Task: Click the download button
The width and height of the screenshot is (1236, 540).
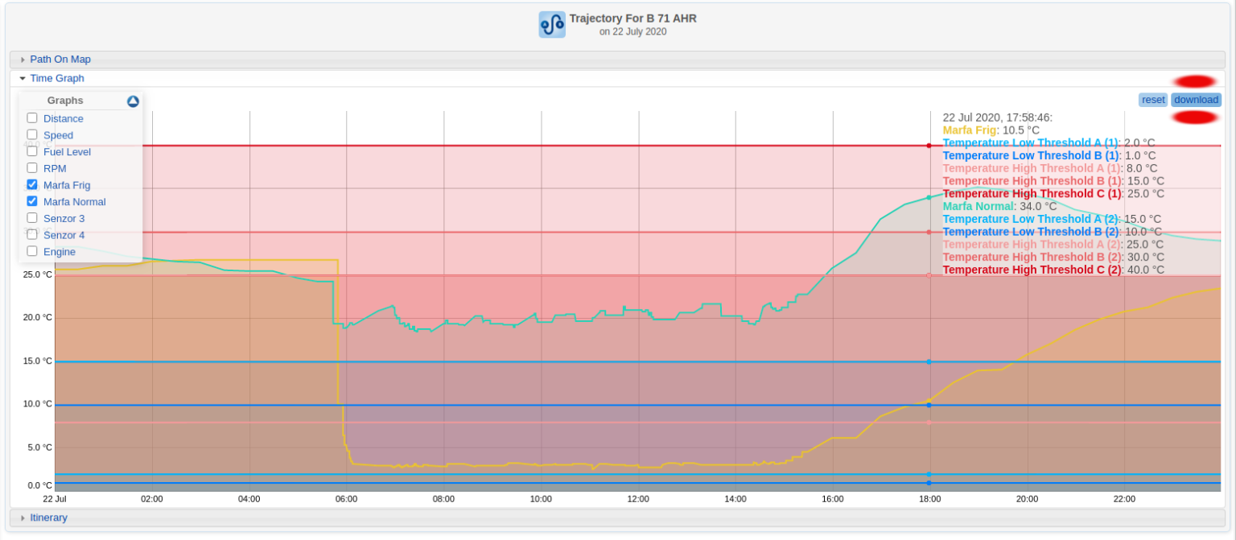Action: (1195, 100)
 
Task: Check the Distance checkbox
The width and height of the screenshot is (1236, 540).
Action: (32, 118)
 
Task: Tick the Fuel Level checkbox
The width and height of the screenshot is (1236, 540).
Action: (32, 151)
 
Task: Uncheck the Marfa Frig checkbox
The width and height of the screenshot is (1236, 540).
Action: (32, 184)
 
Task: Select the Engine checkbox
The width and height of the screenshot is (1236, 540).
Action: (32, 251)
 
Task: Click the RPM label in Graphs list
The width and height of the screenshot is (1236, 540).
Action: (55, 168)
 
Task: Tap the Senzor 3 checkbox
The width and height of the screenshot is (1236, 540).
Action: (32, 218)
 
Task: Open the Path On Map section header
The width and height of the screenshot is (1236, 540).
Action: (60, 60)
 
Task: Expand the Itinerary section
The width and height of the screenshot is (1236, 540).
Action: (48, 517)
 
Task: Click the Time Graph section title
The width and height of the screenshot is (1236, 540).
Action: (57, 78)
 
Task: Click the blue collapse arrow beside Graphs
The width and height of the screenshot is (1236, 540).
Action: (133, 101)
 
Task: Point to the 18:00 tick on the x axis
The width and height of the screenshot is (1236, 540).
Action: (930, 499)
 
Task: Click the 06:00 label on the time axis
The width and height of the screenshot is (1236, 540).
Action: (347, 499)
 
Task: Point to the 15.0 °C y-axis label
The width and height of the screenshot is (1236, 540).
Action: (36, 361)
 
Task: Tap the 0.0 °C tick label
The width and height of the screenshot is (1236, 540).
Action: (39, 485)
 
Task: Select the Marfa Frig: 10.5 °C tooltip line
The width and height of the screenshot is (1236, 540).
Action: (991, 130)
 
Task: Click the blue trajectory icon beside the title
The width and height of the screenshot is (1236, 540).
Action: (552, 24)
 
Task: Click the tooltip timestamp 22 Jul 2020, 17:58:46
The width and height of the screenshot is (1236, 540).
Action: (997, 117)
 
